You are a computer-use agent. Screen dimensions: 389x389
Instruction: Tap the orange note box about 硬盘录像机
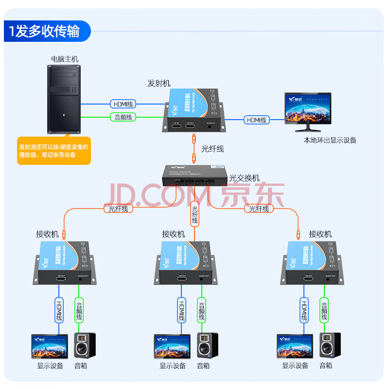(x=54, y=151)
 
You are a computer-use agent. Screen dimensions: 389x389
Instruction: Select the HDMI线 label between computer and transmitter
(x=124, y=104)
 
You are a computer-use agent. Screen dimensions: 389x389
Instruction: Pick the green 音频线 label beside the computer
(x=124, y=117)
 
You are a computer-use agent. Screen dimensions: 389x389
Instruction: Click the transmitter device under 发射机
(x=194, y=112)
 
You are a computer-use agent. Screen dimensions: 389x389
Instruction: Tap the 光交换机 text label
(x=245, y=178)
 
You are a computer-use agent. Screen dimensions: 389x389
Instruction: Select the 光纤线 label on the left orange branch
(x=116, y=209)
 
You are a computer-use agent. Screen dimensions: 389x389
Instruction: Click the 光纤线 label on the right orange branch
(x=259, y=209)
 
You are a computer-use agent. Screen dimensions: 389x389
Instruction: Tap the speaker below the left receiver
(x=85, y=346)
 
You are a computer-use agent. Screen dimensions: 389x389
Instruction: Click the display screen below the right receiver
(x=295, y=346)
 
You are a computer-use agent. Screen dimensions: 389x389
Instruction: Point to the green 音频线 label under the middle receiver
(x=201, y=311)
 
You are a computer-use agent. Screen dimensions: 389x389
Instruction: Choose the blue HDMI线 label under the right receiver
(x=304, y=311)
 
